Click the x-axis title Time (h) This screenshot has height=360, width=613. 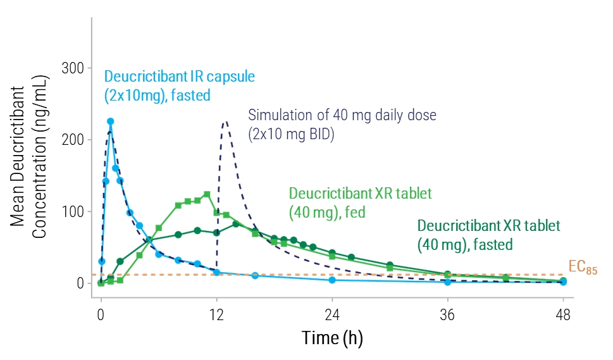pos(331,338)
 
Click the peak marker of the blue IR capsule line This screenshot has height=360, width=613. pos(110,121)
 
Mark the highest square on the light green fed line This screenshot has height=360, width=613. pos(207,194)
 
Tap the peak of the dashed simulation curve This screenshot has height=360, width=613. pos(225,122)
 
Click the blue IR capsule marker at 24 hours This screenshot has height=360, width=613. pos(332,280)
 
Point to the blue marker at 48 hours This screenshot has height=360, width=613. pos(564,282)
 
